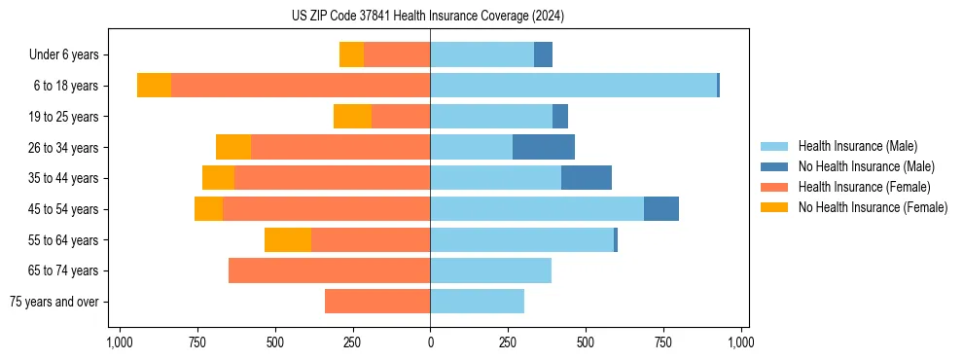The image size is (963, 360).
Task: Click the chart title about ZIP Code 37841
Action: [x=428, y=16]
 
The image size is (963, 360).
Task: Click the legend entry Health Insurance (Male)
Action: [x=857, y=146]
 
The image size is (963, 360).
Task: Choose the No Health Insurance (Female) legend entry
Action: [x=873, y=207]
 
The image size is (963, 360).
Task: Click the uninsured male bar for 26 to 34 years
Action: [x=544, y=147]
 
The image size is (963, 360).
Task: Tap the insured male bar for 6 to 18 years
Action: [x=573, y=86]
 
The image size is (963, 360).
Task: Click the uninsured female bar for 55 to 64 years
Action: [x=288, y=239]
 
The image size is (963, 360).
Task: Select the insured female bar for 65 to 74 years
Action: [x=329, y=270]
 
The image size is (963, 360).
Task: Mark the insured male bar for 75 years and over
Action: [x=477, y=302]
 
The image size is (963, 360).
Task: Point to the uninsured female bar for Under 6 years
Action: [x=351, y=54]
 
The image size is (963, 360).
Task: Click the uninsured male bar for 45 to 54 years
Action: [x=661, y=209]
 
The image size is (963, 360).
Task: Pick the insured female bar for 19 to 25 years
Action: [x=401, y=117]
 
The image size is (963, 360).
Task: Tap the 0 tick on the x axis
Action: [x=430, y=342]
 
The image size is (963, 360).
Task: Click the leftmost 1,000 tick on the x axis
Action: [x=119, y=342]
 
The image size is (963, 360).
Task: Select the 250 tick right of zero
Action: [x=508, y=342]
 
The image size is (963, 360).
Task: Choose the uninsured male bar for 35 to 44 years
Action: [x=587, y=178]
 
